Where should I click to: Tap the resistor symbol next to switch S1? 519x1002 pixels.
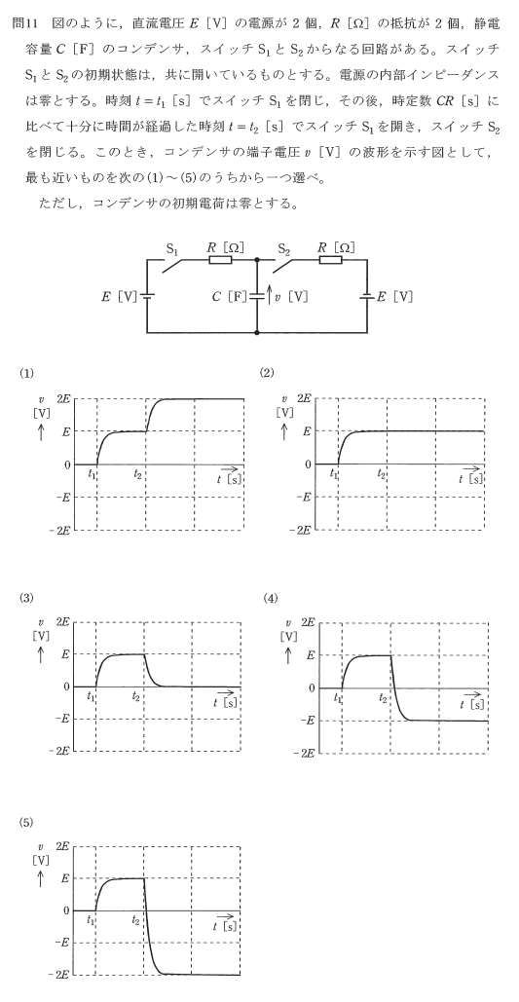(219, 259)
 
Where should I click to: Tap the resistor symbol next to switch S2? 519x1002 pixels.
(330, 259)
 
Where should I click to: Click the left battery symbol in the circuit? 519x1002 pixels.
(147, 296)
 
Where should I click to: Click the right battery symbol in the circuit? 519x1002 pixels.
(367, 296)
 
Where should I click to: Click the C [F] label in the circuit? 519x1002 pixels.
(230, 296)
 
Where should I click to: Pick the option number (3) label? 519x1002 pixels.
(25, 598)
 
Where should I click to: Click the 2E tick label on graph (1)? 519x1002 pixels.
(64, 397)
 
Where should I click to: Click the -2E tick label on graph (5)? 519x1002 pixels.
(58, 975)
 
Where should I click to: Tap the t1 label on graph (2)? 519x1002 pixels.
(334, 473)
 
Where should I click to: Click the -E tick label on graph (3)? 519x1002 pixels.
(62, 719)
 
